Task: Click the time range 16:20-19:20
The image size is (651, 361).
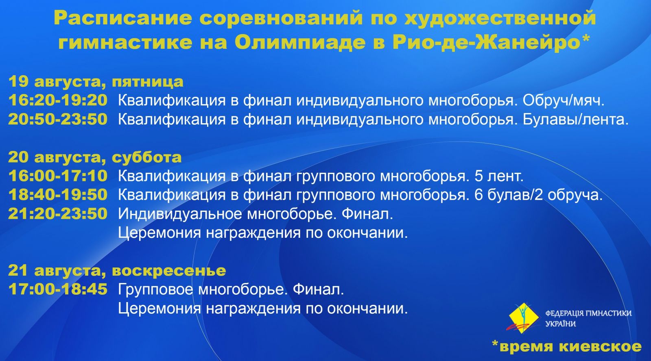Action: click(58, 100)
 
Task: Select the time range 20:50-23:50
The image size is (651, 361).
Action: click(58, 119)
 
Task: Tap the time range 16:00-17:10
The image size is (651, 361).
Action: click(58, 176)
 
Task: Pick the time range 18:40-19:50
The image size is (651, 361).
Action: click(58, 195)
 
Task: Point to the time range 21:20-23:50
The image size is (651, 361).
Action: click(58, 213)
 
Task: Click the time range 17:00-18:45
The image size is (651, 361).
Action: click(58, 289)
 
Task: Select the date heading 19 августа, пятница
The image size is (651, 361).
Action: click(96, 82)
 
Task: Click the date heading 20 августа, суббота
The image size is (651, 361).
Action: click(95, 157)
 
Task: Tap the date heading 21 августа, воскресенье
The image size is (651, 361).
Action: click(117, 270)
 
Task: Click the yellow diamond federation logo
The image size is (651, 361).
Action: click(523, 318)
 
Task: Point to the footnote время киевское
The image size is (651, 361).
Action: click(567, 347)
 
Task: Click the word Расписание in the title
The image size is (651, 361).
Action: click(123, 18)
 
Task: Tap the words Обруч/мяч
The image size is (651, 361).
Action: click(564, 100)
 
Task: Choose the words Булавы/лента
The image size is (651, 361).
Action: click(576, 120)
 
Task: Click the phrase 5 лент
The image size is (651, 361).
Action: click(499, 176)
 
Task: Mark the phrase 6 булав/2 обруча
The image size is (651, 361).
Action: click(539, 195)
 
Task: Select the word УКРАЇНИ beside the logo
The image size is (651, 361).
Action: click(560, 324)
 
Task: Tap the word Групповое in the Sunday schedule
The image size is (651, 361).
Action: click(155, 290)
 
